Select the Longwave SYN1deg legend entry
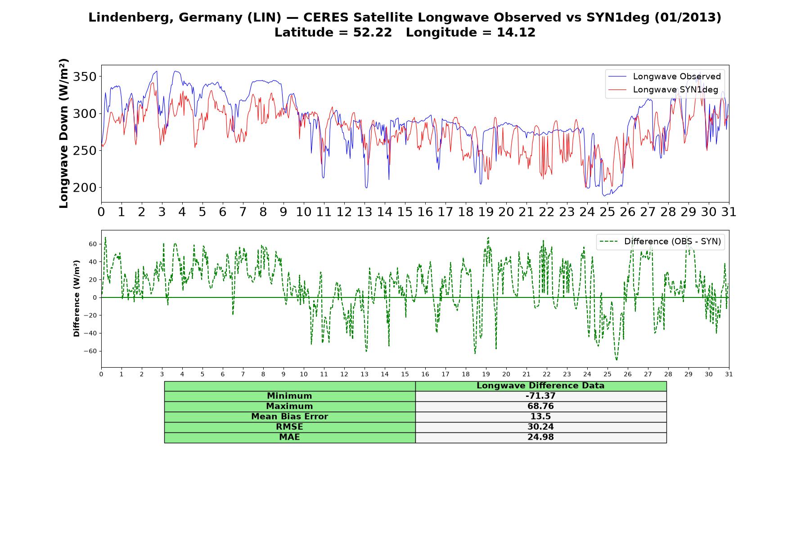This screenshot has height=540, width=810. click(663, 90)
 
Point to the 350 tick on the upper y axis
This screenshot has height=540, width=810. click(85, 76)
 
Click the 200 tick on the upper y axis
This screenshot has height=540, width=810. click(85, 188)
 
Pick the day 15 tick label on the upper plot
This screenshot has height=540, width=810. click(405, 212)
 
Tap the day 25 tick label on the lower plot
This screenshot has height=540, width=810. click(607, 374)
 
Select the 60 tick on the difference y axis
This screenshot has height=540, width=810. click(93, 244)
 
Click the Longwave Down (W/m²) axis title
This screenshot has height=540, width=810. click(63, 133)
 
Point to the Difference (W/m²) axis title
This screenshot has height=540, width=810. click(76, 298)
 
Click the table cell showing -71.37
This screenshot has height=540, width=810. click(540, 396)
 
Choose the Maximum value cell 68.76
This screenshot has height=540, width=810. click(540, 406)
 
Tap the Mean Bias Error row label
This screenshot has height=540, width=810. click(289, 417)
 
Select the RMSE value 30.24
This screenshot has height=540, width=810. click(540, 427)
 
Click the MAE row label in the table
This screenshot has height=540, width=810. click(289, 437)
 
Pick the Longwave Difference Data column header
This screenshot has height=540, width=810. click(540, 386)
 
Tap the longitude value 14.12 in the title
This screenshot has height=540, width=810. click(516, 32)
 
